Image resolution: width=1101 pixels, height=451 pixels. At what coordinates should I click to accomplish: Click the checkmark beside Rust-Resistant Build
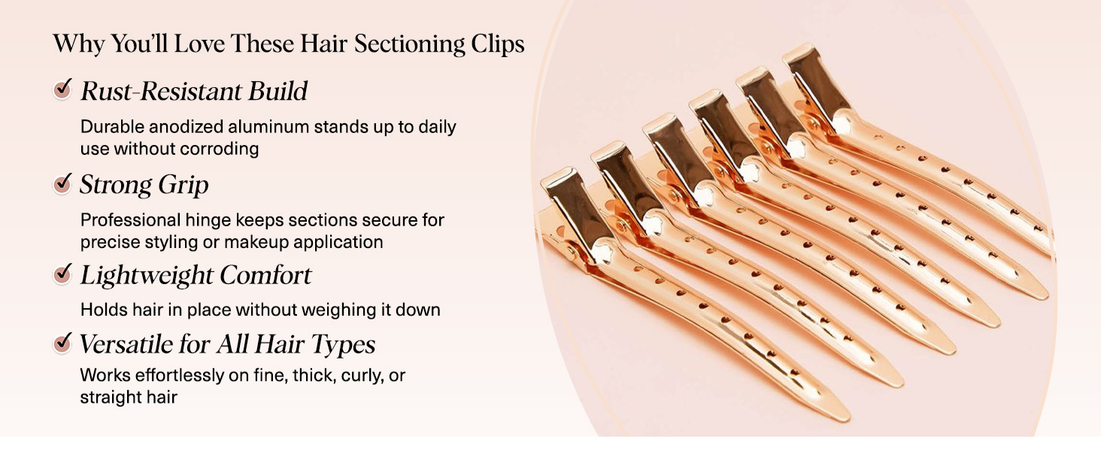63,90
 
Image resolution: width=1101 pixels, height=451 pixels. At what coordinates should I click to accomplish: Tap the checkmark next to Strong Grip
63,183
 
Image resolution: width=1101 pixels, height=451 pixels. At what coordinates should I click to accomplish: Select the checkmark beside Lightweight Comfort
63,274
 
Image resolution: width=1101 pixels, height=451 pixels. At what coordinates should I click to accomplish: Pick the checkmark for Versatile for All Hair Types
63,344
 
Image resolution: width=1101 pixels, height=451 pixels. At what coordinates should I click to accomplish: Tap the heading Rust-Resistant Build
194,91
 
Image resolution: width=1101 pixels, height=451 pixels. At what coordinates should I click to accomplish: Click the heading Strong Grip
144,184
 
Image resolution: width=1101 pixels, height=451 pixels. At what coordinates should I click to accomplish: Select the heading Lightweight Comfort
196,275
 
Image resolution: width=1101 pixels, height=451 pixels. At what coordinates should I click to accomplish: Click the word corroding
223,149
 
